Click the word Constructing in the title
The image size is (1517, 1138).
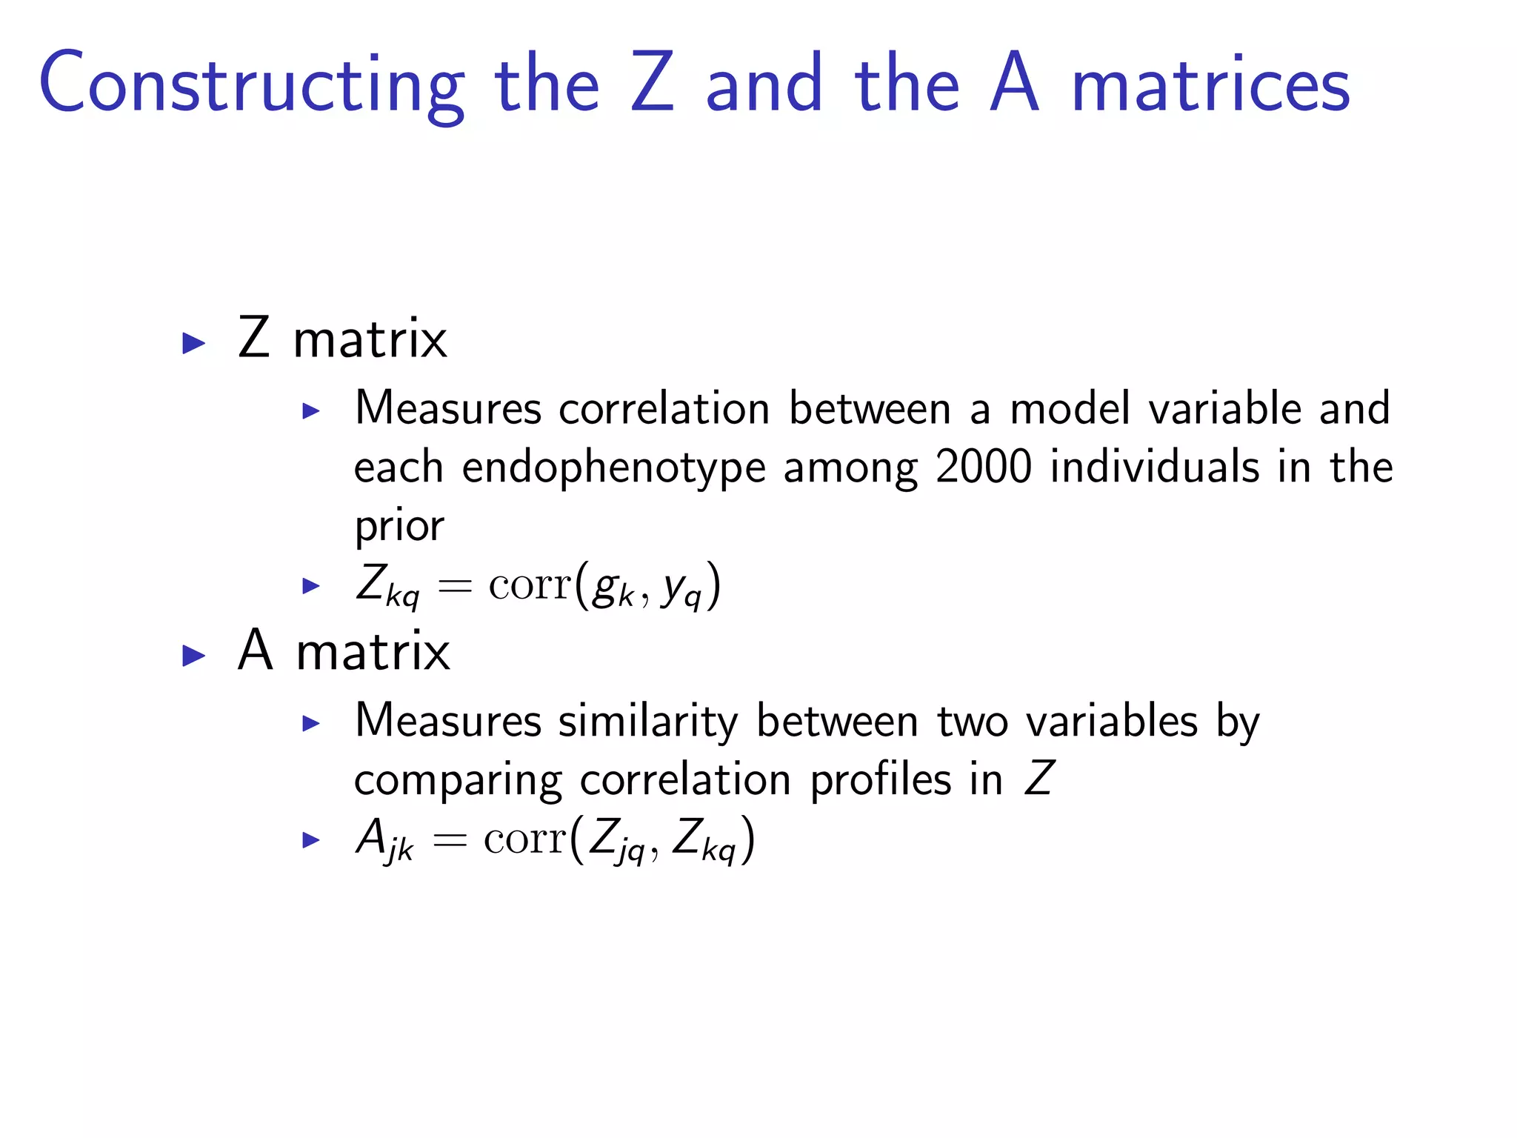point(252,85)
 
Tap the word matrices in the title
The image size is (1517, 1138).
point(1211,85)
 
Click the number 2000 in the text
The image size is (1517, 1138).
point(984,467)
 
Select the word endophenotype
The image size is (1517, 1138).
point(613,469)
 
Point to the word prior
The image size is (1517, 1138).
point(399,527)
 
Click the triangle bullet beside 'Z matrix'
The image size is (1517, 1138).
point(194,343)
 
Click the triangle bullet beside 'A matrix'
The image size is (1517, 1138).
point(194,656)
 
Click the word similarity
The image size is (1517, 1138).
point(648,722)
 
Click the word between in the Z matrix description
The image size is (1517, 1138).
point(870,408)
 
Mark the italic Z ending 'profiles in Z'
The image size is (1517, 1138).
point(1038,779)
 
